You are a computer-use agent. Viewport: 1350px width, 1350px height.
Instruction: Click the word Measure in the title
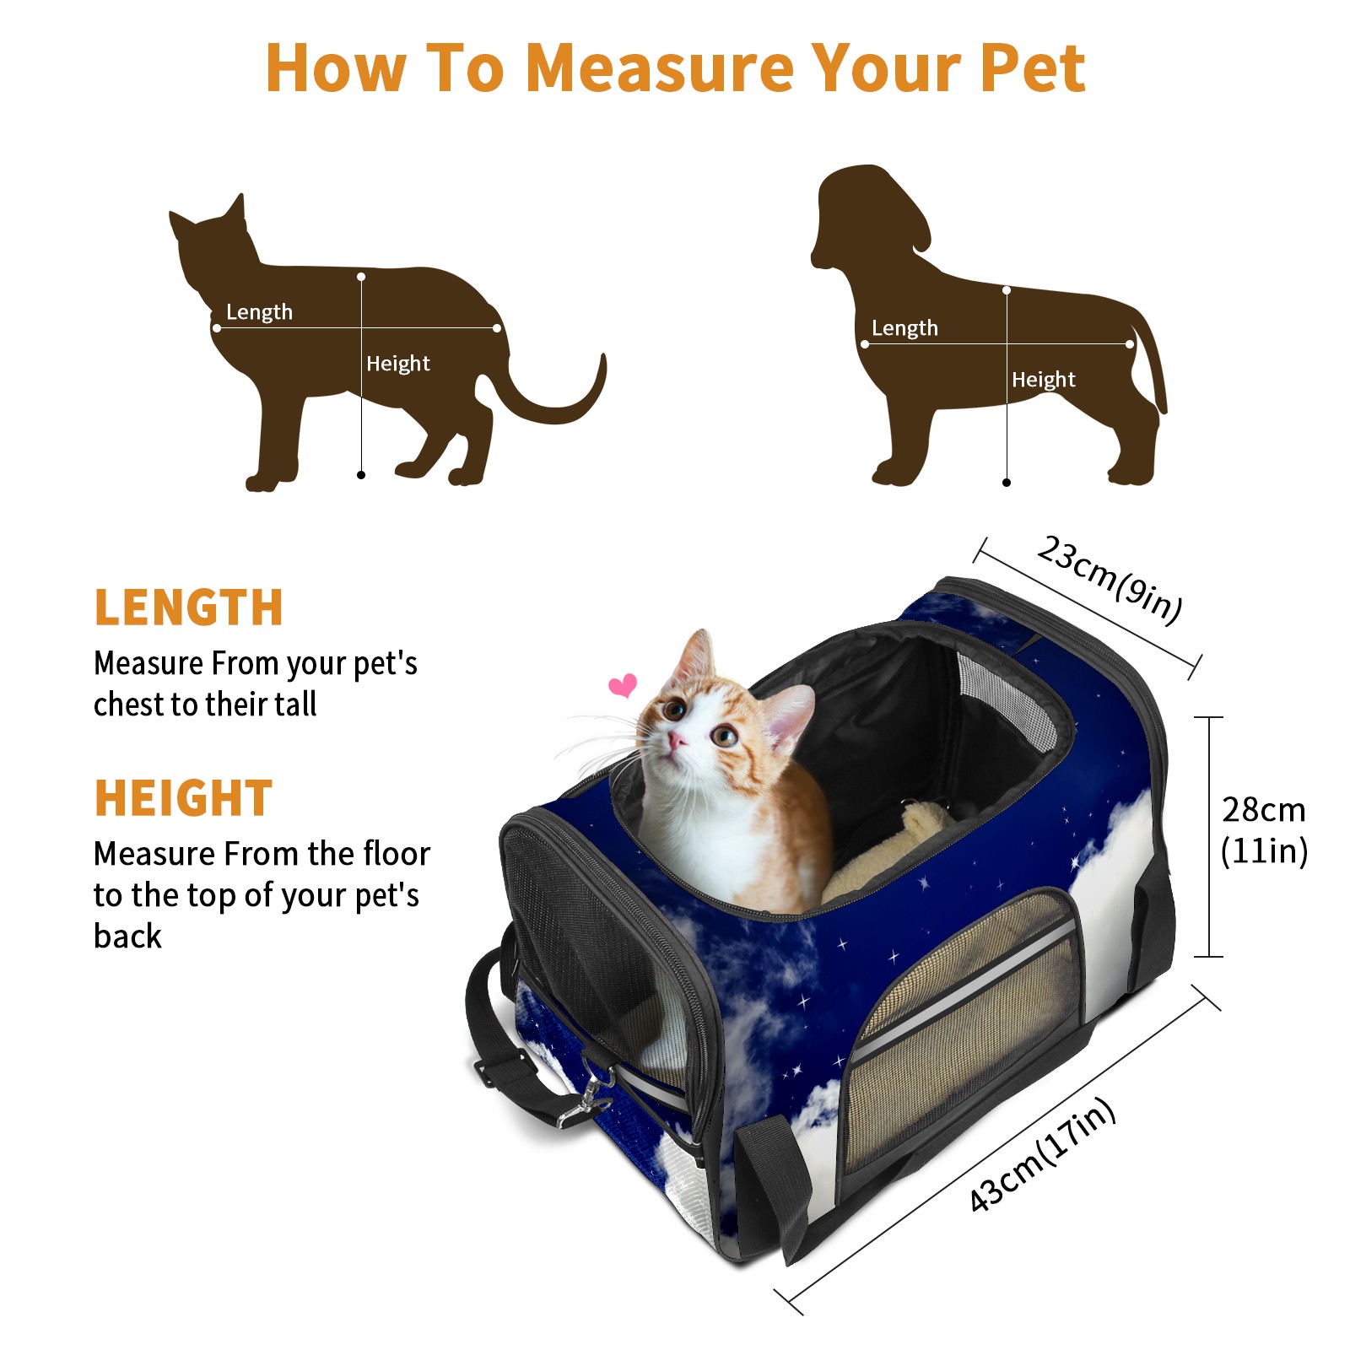[659, 67]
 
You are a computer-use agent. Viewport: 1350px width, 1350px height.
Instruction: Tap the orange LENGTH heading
[188, 607]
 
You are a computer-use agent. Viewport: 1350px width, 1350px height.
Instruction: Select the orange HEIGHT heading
[183, 798]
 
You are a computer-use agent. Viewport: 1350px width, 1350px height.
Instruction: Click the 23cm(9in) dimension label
[1110, 579]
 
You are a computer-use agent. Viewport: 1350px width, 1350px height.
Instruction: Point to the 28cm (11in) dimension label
[1264, 830]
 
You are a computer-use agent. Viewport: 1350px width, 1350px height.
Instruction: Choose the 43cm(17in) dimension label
[1042, 1154]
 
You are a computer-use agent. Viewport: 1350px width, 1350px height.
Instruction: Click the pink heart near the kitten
[624, 685]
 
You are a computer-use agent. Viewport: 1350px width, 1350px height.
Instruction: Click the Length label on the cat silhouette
[259, 312]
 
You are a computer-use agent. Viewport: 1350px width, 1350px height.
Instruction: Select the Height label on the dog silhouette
[1044, 380]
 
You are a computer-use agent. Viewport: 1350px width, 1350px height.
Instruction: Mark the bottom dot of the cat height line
[361, 475]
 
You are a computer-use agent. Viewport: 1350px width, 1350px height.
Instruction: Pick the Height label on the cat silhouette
[398, 364]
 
